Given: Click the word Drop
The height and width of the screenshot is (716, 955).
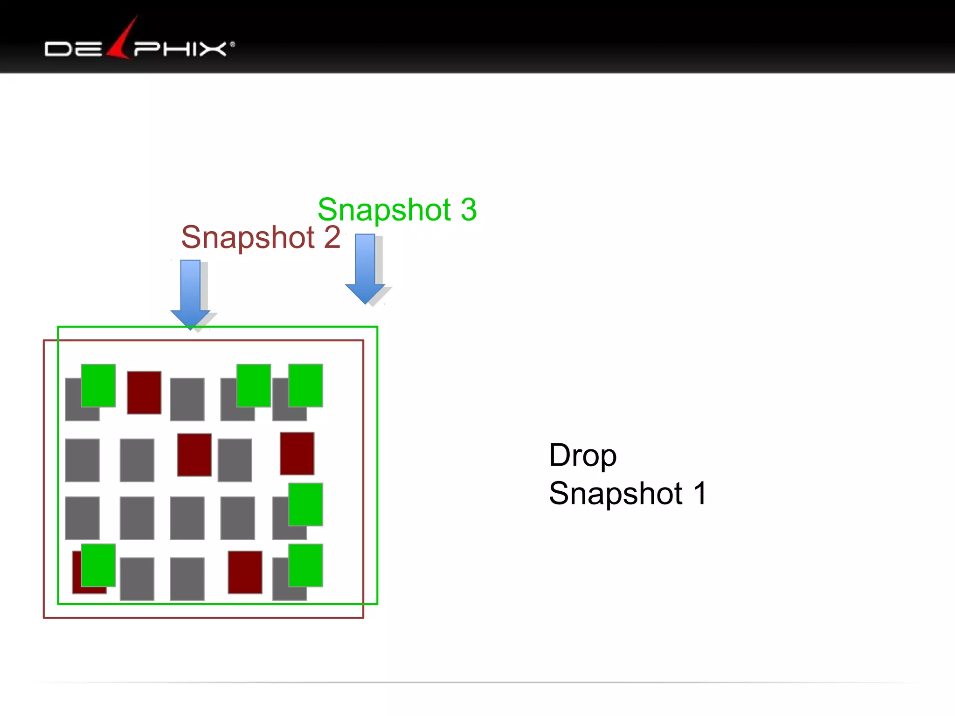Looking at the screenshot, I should [582, 456].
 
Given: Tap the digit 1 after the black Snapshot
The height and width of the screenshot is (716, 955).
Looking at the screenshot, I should [700, 493].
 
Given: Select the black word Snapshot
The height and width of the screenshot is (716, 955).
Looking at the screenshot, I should [616, 493].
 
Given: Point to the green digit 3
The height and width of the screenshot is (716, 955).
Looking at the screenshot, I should [469, 210].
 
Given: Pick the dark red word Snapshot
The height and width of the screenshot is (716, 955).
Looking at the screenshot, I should [248, 237].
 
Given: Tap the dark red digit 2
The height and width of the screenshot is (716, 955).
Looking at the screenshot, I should [332, 237].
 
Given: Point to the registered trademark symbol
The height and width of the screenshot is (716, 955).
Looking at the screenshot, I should [232, 45].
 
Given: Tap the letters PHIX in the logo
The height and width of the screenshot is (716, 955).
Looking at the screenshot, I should [180, 48].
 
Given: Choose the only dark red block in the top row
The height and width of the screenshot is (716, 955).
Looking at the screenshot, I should [144, 392].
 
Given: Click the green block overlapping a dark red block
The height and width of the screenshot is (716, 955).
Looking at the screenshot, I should [98, 565].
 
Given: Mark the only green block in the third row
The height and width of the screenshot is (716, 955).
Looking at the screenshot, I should [305, 504].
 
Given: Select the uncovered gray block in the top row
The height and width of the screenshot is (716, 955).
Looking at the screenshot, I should [187, 399].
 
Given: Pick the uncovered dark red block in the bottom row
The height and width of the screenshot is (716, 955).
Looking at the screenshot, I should [245, 572].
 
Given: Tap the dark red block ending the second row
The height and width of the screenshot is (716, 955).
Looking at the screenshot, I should [297, 453].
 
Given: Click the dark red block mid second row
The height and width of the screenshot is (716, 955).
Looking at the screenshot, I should [194, 454].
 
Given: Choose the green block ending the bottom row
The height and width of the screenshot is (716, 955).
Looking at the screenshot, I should [305, 565].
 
